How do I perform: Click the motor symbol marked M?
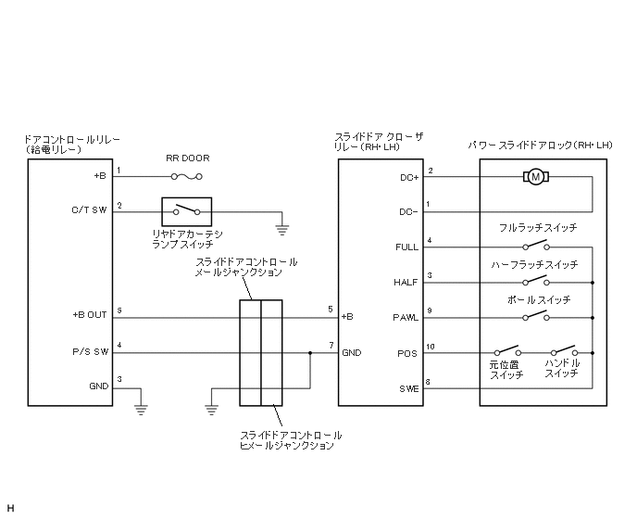pos(535,175)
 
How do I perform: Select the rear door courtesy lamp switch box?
pos(187,210)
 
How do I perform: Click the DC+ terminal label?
pos(407,176)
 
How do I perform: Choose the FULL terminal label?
pos(406,247)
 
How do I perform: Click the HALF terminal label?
pos(406,282)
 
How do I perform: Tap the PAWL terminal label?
pos(406,317)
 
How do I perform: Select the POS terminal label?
pos(408,353)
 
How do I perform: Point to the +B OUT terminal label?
pos(90,316)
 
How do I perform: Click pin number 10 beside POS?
pos(431,348)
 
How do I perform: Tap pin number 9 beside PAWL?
pos(430,311)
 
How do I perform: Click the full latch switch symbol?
pos(534,246)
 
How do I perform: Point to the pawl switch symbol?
pos(534,316)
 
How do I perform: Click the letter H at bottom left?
pos(10,506)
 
